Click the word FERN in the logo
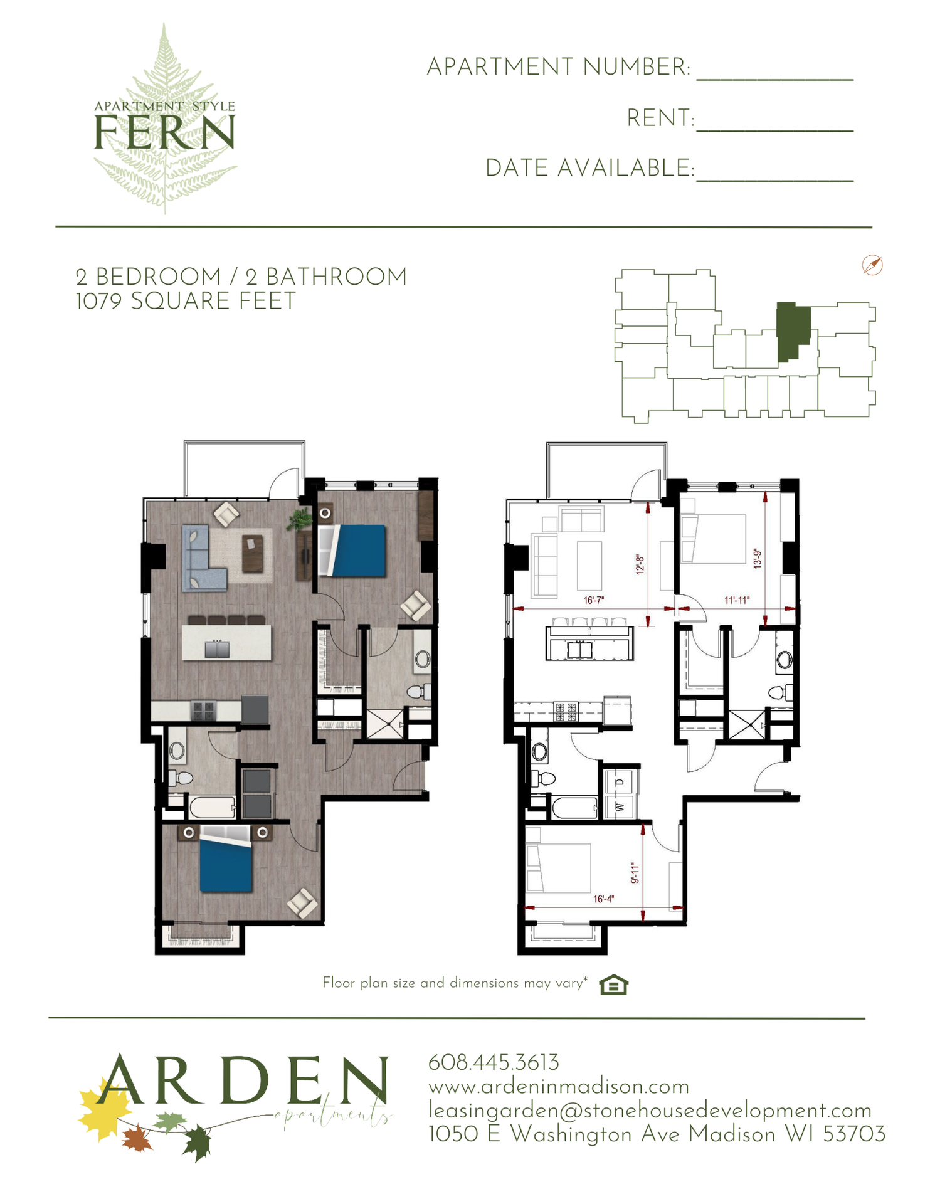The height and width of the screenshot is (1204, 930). coord(164,132)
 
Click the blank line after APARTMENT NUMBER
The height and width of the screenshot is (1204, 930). coord(775,80)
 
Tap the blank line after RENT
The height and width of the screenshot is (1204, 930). coord(775,130)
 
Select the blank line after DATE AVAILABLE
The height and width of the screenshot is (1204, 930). coord(775,181)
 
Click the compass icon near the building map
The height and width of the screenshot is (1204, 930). coord(872,265)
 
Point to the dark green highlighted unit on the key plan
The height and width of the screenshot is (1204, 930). coord(793,332)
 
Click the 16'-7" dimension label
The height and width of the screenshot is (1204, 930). coord(593,600)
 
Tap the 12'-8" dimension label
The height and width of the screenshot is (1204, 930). coord(640,564)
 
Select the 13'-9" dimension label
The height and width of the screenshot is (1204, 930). coord(758,558)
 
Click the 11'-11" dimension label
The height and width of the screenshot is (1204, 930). coord(737,600)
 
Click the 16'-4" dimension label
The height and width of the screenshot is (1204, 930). coord(603,899)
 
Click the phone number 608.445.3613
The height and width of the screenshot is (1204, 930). coord(494,1062)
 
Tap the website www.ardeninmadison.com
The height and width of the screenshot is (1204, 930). coord(559,1086)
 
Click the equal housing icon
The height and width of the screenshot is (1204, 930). coord(613,985)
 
